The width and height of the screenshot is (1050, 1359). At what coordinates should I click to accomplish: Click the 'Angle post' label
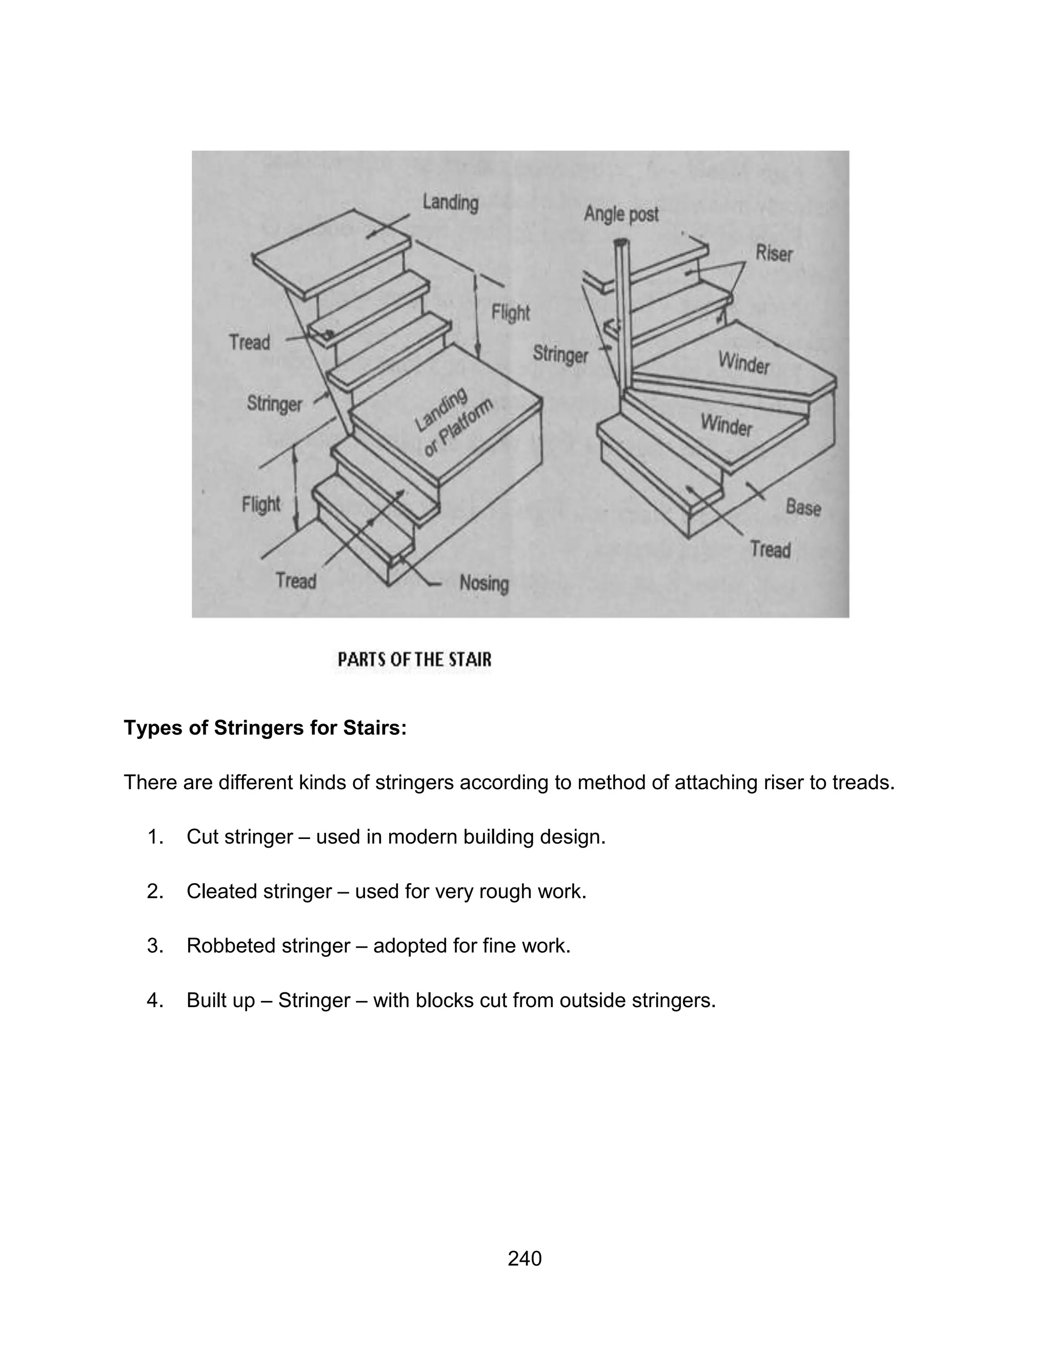(x=621, y=215)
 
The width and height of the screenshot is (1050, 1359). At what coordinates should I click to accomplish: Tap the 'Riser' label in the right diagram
(x=774, y=253)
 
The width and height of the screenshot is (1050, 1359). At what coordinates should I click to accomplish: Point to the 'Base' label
(x=803, y=507)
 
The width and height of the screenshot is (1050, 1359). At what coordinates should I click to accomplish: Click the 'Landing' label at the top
(x=450, y=203)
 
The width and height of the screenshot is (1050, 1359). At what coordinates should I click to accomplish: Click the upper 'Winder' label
(x=744, y=362)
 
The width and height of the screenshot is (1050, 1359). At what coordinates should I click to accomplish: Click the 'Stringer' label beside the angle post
(x=560, y=355)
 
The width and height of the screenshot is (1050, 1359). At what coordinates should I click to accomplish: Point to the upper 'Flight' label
(x=511, y=312)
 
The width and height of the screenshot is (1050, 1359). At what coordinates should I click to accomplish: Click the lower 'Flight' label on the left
(x=261, y=504)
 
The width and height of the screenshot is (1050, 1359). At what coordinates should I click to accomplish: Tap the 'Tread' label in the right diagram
(x=770, y=549)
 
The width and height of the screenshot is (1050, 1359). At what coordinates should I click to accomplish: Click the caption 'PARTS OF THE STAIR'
(x=414, y=659)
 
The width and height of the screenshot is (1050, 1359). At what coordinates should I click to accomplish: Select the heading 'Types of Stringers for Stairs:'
(x=265, y=727)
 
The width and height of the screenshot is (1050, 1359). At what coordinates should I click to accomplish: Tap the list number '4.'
(x=155, y=1000)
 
